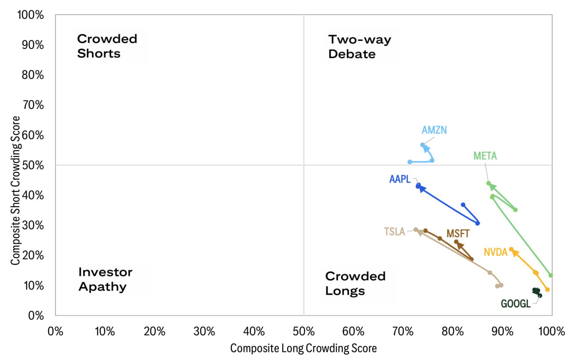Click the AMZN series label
(x=434, y=130)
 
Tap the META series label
(x=485, y=156)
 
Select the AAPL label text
(x=400, y=179)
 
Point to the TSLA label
(x=394, y=232)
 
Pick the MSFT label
(x=458, y=234)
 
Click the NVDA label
(x=496, y=252)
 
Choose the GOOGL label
(x=516, y=304)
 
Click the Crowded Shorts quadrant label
(x=107, y=46)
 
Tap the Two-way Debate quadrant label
(x=359, y=46)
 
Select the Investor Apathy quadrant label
(x=105, y=279)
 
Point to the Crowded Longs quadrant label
(x=355, y=283)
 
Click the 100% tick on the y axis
(x=30, y=15)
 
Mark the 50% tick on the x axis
(x=304, y=331)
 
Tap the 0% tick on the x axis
(x=55, y=331)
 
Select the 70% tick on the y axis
(x=32, y=105)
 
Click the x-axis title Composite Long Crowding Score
(x=303, y=348)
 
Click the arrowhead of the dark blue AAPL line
(x=421, y=189)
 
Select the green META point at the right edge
(x=550, y=275)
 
